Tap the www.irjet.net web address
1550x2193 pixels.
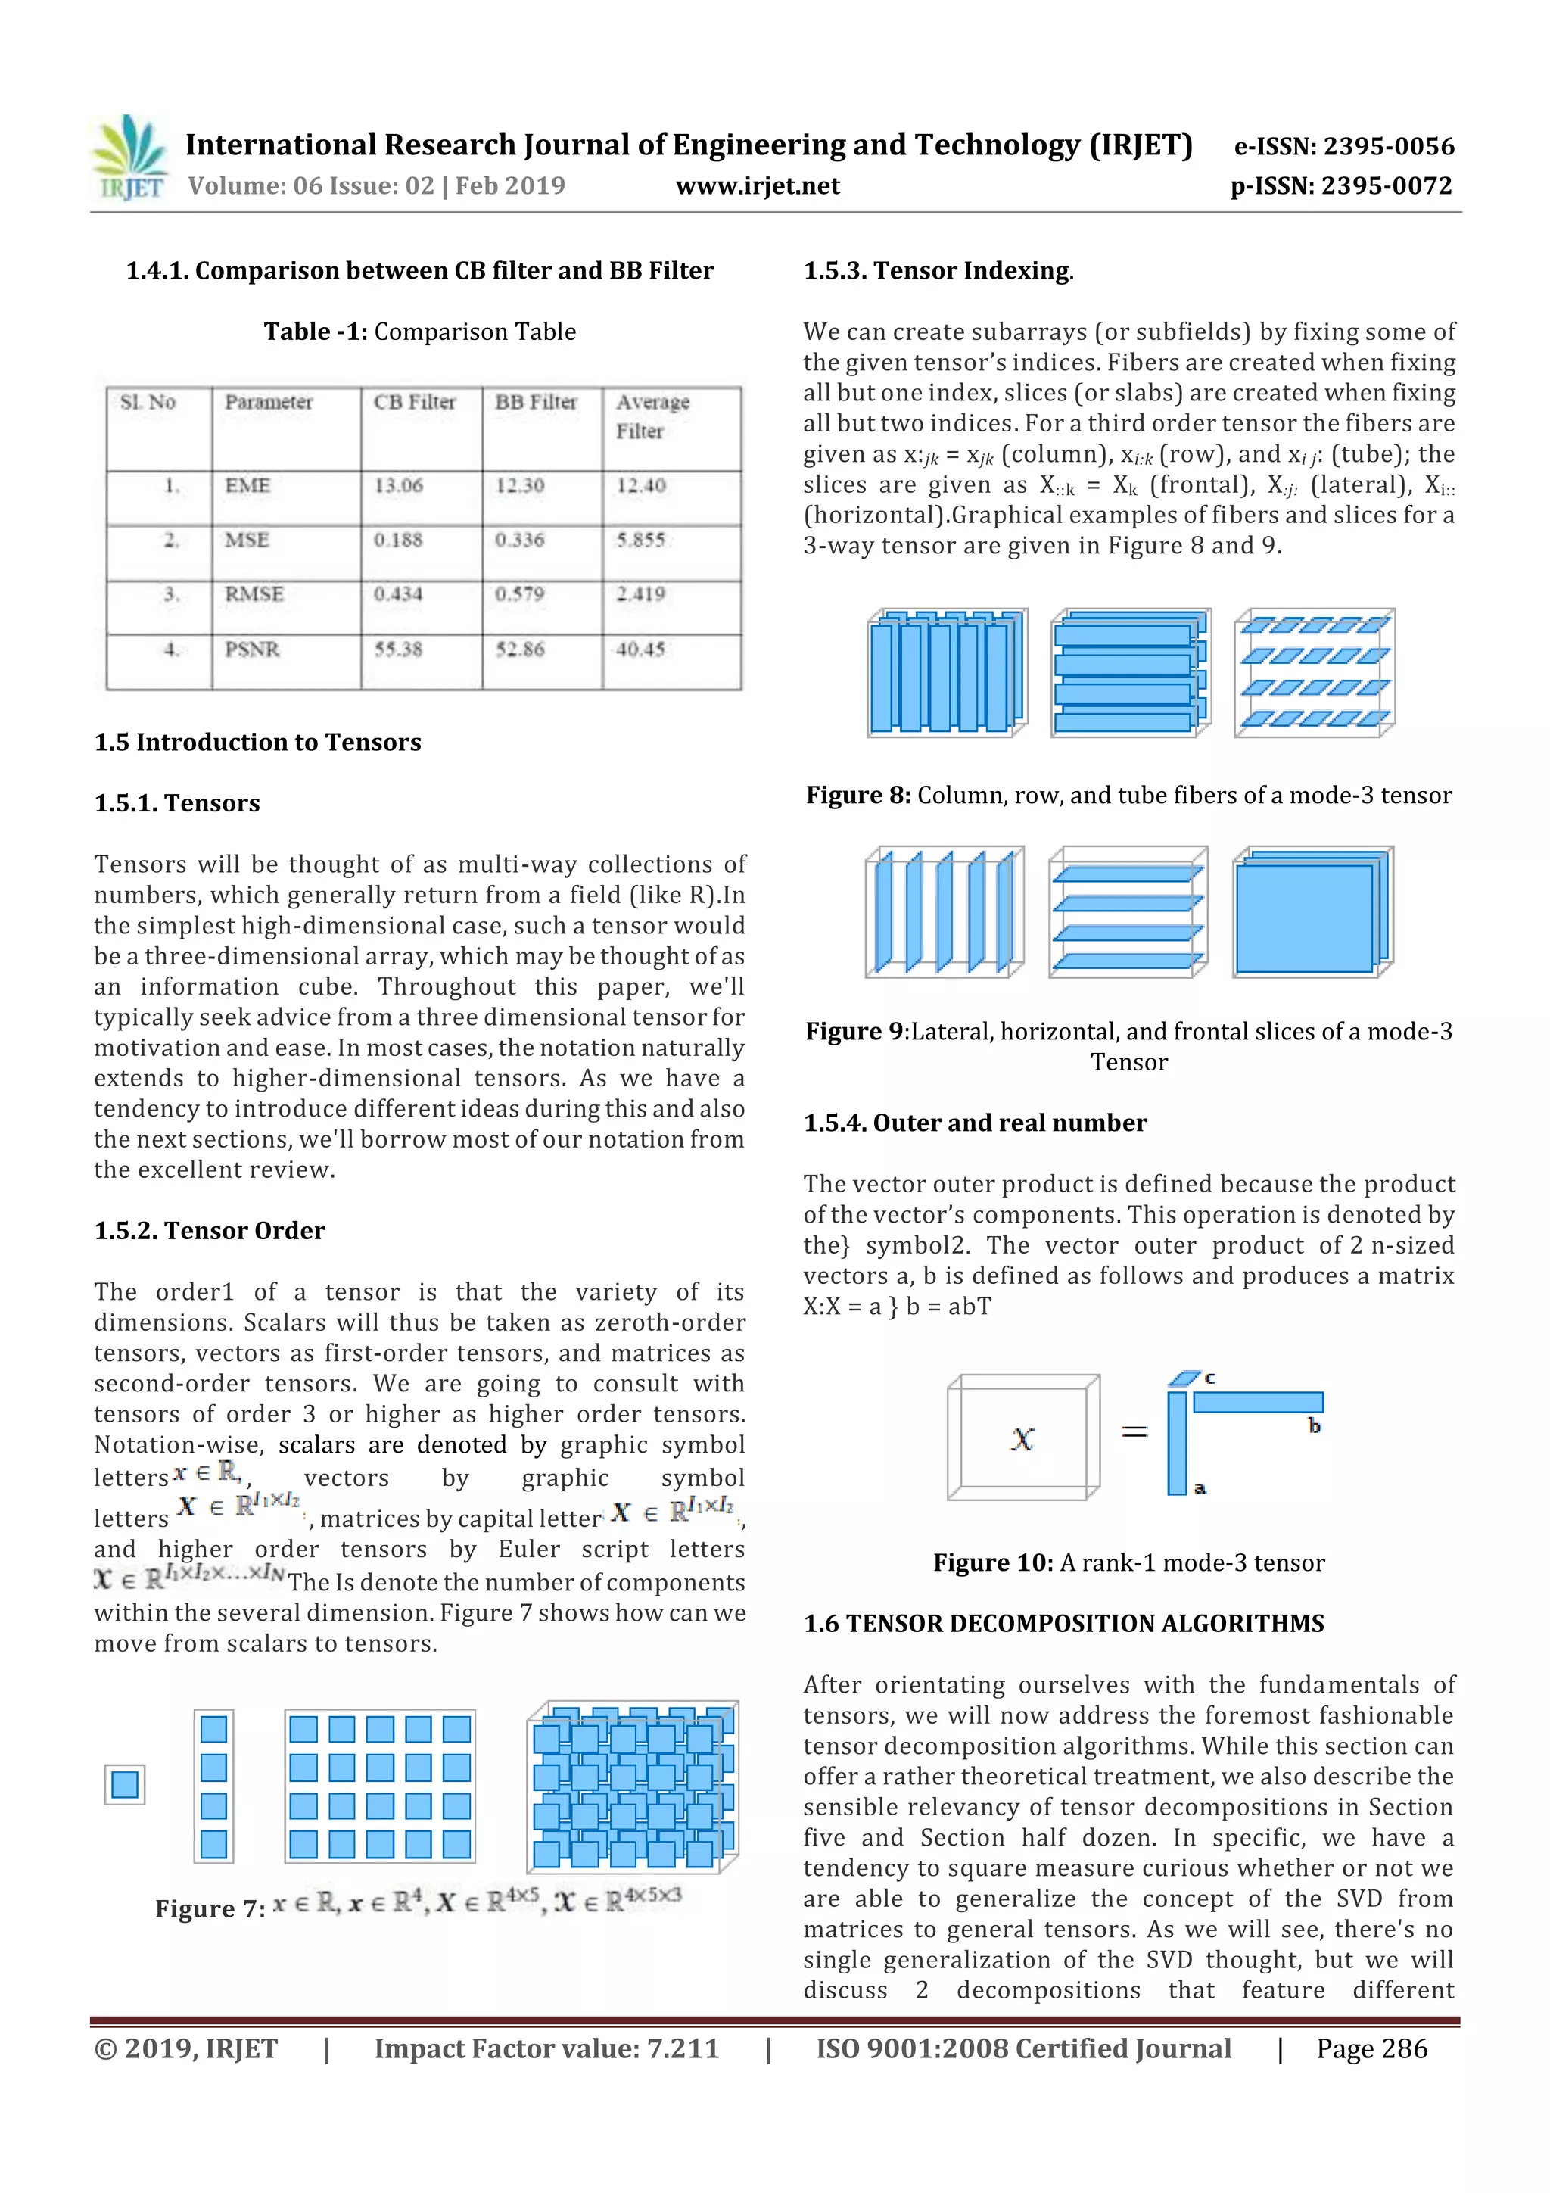pos(758,186)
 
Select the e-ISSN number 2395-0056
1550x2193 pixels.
pos(1343,146)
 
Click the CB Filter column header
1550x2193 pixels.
pos(415,402)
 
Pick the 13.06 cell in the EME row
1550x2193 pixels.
pos(398,486)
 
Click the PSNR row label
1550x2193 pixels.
pos(252,649)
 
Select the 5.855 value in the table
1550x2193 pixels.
pos(640,540)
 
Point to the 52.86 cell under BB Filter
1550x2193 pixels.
pos(519,649)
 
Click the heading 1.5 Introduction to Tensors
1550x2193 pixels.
pos(258,742)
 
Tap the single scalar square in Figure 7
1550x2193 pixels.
pos(125,1784)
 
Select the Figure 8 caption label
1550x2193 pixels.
pos(857,796)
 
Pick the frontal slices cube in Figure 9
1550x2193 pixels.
pos(1312,912)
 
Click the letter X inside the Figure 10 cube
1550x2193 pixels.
pos(1022,1439)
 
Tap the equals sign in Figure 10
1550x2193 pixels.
pos(1134,1431)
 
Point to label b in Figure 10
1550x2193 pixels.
pos(1314,1426)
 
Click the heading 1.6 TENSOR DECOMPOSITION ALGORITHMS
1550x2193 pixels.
pos(1063,1624)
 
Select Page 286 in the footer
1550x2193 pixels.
pos(1371,2048)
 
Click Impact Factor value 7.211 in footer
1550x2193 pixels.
pos(546,2048)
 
